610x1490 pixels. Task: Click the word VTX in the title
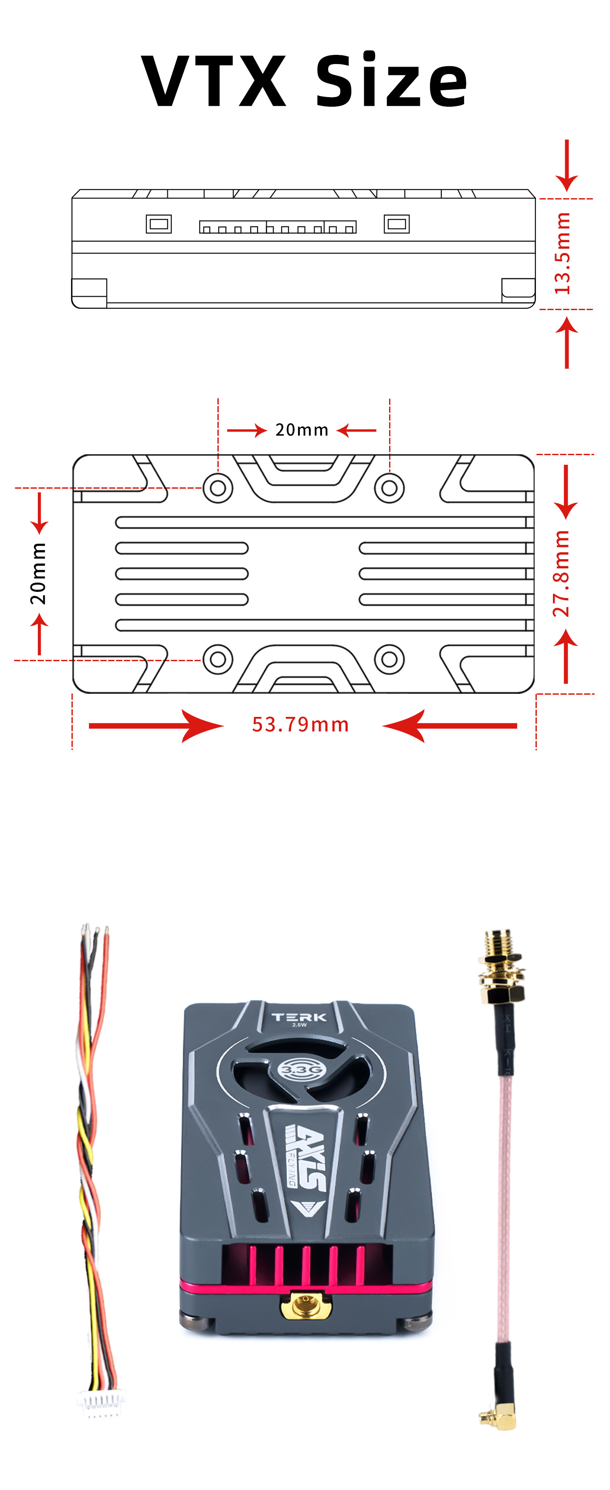(214, 81)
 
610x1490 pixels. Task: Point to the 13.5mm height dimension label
(563, 253)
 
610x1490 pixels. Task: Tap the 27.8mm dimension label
(561, 574)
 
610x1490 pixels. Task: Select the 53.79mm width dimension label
(300, 725)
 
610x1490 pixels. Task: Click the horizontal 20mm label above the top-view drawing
(302, 430)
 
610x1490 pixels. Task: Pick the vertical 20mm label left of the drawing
(38, 574)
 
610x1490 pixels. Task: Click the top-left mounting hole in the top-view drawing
(217, 488)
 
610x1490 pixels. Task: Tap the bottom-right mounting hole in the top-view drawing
(390, 659)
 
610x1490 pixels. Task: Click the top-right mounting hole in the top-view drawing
(390, 488)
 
